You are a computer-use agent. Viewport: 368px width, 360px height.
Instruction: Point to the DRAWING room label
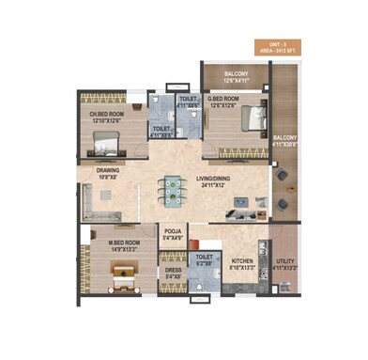(x=107, y=169)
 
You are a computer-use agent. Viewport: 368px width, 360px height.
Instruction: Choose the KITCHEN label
(x=242, y=260)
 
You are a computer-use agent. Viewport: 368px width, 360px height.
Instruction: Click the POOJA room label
(x=173, y=230)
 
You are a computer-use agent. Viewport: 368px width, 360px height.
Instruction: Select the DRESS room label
(x=173, y=269)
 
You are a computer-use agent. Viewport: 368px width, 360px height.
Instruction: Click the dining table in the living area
(x=173, y=188)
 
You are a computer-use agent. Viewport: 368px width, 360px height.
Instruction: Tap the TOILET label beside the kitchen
(x=203, y=257)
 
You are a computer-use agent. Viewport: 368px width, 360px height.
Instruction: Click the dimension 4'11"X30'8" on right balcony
(x=284, y=145)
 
